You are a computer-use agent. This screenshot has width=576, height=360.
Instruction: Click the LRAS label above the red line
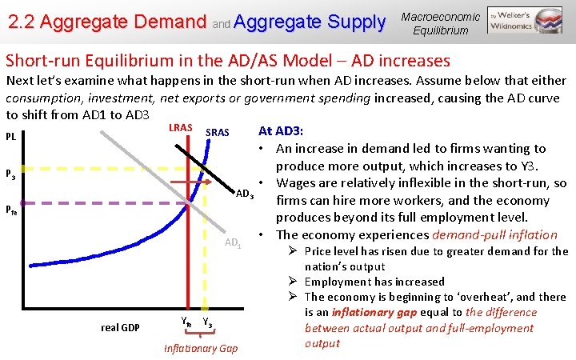[x=180, y=128]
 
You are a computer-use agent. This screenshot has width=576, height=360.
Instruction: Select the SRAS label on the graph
[x=218, y=132]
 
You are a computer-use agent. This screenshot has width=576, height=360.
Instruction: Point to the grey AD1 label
[x=233, y=243]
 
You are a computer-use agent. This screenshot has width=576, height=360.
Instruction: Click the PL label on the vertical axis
[x=11, y=136]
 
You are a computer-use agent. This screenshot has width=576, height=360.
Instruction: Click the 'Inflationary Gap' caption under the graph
[x=200, y=348]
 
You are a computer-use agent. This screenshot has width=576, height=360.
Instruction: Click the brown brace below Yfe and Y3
[x=200, y=334]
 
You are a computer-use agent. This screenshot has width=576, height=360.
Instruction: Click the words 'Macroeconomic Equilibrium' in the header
[x=441, y=23]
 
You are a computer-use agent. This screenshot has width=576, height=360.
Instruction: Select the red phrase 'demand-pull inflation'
[x=494, y=234]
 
